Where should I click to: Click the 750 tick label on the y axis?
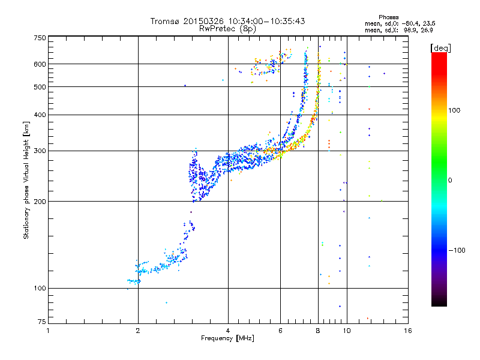point(40,38)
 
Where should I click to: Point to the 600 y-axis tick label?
point(40,64)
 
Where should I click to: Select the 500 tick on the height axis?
point(40,87)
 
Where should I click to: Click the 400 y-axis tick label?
point(40,115)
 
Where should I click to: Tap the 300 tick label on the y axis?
point(40,151)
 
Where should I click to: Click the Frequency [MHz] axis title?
point(227,338)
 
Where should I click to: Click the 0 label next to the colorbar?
point(450,180)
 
